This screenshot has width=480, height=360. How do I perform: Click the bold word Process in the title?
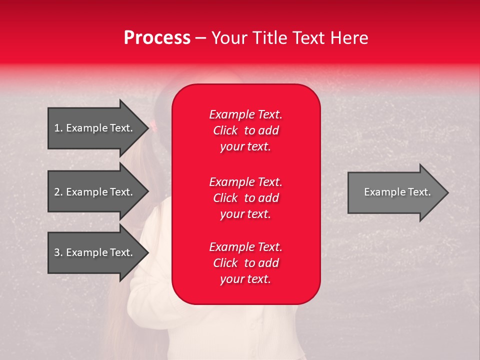157,38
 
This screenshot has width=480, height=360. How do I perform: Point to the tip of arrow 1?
148,128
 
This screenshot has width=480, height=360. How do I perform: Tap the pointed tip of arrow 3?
148,252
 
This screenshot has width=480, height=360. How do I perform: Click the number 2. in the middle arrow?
58,192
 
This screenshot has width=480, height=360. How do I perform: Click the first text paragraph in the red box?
245,130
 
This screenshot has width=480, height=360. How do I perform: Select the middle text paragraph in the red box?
245,198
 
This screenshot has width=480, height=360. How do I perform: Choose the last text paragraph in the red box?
245,263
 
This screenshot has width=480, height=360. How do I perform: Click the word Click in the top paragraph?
225,130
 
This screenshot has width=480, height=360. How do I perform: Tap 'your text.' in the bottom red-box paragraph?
245,279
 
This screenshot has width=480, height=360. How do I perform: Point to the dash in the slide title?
201,38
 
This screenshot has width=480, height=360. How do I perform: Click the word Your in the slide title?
229,38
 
